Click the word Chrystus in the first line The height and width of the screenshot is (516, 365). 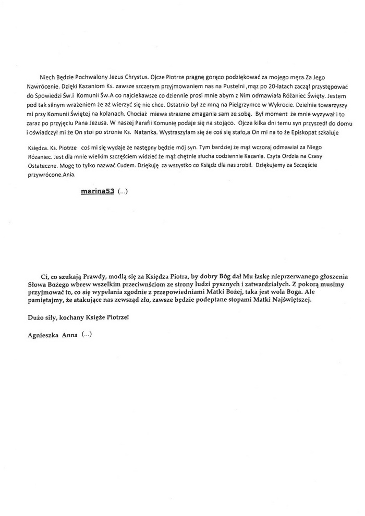136,78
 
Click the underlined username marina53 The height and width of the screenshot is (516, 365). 98,191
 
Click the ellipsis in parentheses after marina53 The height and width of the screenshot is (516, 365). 123,191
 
